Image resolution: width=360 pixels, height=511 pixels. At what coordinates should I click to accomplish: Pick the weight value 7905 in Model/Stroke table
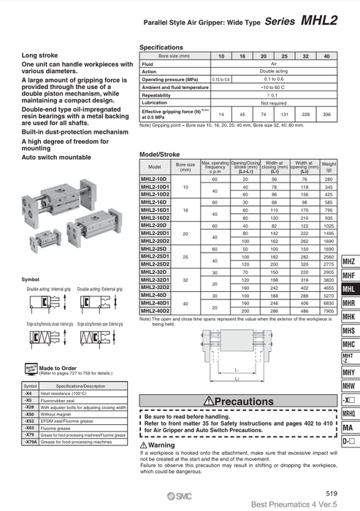329,311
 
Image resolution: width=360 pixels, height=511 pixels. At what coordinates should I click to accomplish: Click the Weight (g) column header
329,166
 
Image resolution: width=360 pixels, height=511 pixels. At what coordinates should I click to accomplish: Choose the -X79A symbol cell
30,443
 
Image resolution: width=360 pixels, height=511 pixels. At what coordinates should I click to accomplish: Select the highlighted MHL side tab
348,289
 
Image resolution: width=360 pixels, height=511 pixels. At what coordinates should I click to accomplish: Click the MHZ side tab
348,261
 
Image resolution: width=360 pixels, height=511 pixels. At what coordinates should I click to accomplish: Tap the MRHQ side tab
348,413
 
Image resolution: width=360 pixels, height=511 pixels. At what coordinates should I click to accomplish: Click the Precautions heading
238,401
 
